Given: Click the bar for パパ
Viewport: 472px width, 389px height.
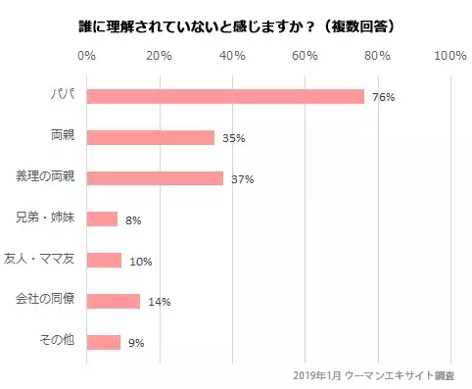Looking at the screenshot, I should click(x=225, y=96).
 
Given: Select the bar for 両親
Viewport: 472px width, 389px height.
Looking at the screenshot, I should click(x=151, y=137).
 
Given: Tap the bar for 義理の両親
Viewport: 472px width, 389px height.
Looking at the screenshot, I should click(x=155, y=178).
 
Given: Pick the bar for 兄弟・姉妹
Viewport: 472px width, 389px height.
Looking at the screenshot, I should click(x=102, y=219).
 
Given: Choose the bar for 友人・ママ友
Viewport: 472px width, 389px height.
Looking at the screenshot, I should click(x=105, y=260).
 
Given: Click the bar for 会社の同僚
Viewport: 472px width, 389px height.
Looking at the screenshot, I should click(x=113, y=301).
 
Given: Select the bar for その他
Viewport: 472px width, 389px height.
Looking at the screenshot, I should click(x=104, y=342).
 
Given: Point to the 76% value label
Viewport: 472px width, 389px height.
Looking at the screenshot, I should click(x=383, y=97).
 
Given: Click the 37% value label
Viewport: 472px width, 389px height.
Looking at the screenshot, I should click(x=242, y=179).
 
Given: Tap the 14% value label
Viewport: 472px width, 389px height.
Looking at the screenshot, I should click(x=159, y=302).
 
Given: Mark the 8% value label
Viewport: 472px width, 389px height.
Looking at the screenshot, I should click(x=133, y=220).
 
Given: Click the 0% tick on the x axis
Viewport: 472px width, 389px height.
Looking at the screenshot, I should click(x=86, y=56).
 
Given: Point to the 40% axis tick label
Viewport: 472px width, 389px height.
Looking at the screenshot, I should click(x=232, y=56).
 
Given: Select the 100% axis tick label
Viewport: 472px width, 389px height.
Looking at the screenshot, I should click(x=449, y=56).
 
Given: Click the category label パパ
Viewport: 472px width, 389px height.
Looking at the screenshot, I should click(x=65, y=96).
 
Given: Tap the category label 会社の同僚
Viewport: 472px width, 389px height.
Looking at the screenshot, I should click(x=47, y=300).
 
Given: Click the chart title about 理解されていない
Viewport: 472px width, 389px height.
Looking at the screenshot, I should click(x=235, y=23).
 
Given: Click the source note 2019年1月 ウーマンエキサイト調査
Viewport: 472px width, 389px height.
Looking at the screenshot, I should click(x=379, y=375).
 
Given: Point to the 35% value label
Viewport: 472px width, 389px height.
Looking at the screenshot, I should click(x=233, y=138).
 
